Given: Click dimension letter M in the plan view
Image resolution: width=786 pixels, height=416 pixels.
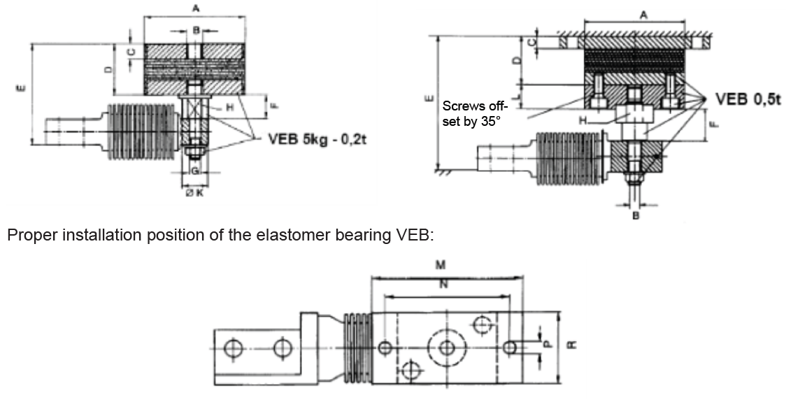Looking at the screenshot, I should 441,265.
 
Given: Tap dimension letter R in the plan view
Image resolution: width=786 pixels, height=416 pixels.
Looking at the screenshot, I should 572,346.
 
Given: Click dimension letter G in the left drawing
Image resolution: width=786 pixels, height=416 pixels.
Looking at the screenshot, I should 195,170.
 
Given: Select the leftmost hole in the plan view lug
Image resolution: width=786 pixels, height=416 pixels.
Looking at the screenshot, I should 234,347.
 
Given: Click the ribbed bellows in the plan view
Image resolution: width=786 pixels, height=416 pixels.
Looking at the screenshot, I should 356,347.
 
